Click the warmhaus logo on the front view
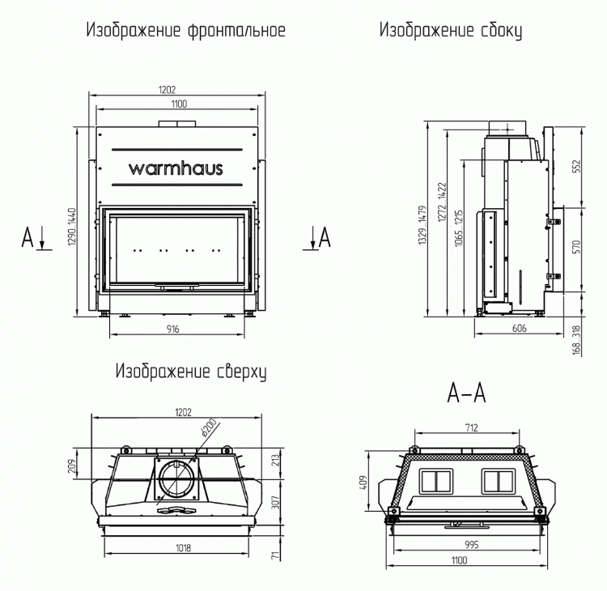coord(176,168)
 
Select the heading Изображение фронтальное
coord(185,32)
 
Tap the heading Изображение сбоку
coord(450,32)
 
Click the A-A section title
coord(466,393)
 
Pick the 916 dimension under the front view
coord(172,329)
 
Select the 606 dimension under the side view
coord(520,329)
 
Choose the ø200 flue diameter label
coord(208,427)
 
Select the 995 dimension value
coord(472,545)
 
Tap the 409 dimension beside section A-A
coord(364,483)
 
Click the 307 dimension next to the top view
coord(275,502)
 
